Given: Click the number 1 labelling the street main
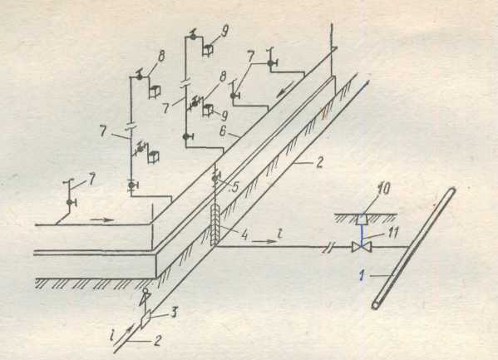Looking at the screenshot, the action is (362, 275).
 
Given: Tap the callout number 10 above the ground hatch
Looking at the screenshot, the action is (382, 189).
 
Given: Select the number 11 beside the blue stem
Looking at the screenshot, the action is (393, 233).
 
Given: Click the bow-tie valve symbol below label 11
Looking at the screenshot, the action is (362, 247).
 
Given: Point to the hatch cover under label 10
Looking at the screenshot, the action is (362, 219).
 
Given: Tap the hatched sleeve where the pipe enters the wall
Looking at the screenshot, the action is (215, 225).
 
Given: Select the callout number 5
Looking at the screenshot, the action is (234, 187).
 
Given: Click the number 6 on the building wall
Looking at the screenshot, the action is (223, 131).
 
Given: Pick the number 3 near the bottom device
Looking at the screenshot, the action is (174, 313).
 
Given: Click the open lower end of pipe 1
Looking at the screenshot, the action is (376, 305).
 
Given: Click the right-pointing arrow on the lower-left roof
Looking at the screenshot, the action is (101, 219).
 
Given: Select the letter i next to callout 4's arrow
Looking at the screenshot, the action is (279, 234).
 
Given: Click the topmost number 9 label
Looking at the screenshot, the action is (224, 31).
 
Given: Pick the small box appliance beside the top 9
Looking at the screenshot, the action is (208, 50).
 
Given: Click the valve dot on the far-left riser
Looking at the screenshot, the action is (70, 202).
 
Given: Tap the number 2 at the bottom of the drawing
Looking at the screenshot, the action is (157, 341).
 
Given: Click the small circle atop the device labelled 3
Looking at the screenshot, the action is (145, 290).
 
